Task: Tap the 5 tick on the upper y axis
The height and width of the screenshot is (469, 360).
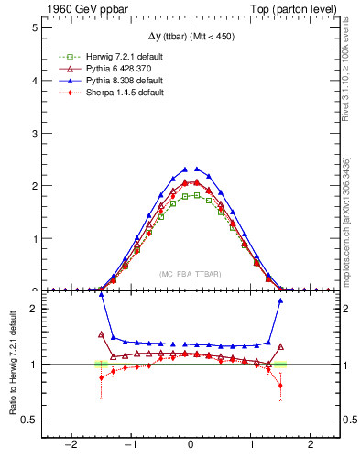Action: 33,27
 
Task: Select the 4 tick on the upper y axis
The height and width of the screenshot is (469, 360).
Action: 33,81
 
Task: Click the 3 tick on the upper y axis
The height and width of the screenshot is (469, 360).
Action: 33,133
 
